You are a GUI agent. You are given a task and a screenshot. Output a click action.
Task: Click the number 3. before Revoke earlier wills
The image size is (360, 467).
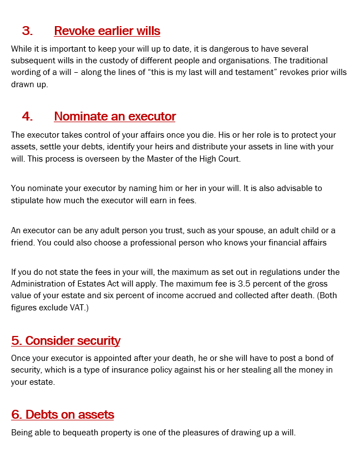pos(27,31)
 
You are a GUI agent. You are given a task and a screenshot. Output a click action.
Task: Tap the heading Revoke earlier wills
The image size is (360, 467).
pos(107,31)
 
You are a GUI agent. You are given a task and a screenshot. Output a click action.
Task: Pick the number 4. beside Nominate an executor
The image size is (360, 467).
pos(27,117)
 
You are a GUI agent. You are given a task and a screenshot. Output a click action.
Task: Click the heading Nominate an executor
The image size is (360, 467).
pos(115,117)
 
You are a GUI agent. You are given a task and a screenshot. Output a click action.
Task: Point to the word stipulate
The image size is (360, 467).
pos(28,200)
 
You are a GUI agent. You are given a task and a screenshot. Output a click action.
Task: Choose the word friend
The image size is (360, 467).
pos(22,242)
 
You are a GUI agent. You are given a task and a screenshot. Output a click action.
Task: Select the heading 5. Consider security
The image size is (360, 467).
pos(65,340)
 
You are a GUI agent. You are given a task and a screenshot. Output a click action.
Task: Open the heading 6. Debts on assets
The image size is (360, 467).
pos(63,414)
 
